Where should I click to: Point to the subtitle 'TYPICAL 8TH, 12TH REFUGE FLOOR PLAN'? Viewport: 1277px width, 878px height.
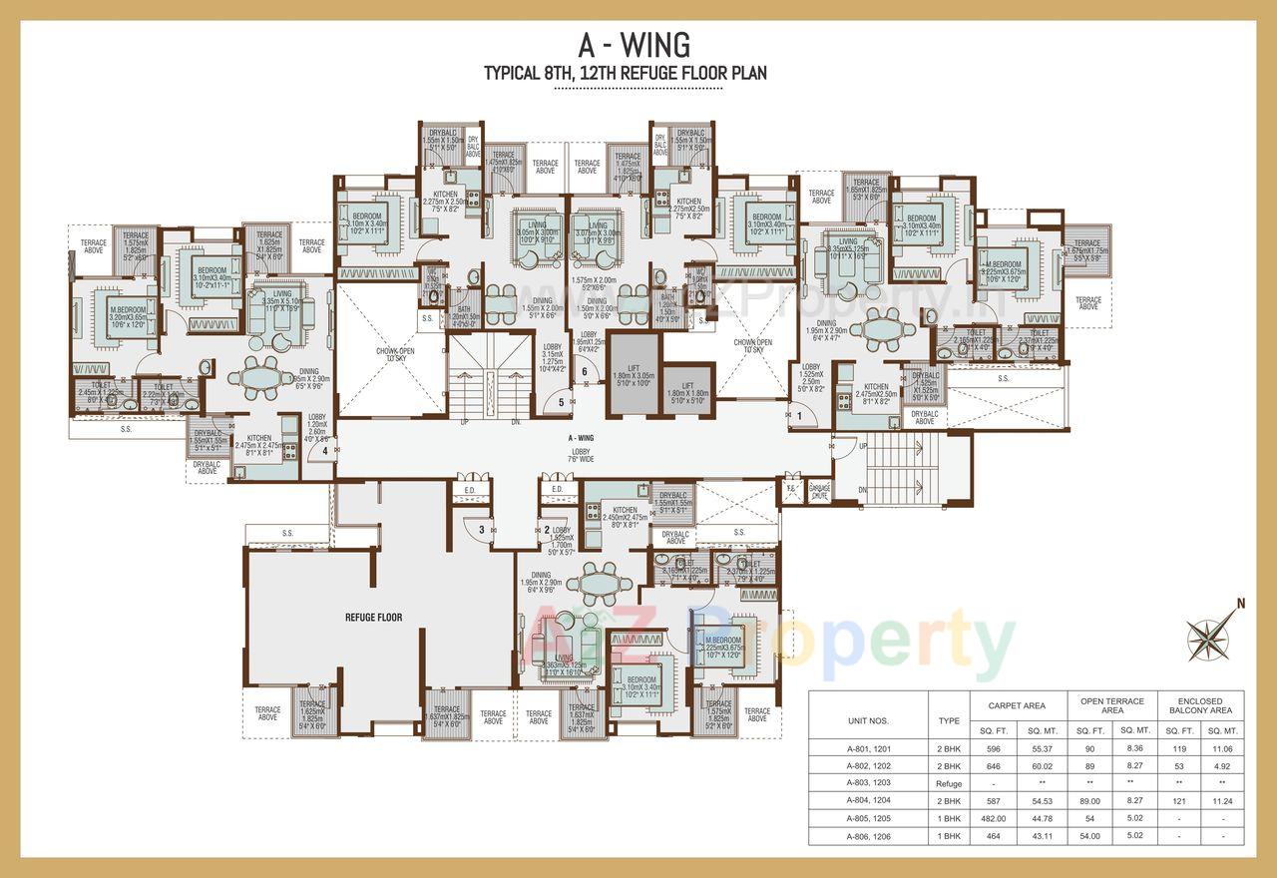625,73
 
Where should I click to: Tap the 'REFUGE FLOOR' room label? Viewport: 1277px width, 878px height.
374,618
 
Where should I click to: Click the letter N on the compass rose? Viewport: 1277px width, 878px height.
1241,603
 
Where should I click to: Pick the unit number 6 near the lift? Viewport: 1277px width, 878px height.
585,372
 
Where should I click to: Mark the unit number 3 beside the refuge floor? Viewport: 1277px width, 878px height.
481,530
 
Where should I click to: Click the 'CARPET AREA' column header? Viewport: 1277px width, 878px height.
1018,705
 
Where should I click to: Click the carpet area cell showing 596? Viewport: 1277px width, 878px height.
990,747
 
